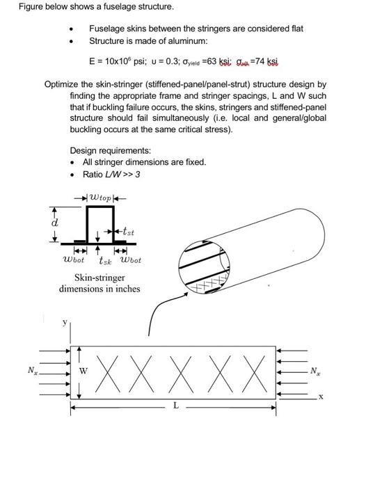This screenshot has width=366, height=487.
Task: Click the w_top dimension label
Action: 100,198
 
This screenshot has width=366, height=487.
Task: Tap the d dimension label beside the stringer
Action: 54,223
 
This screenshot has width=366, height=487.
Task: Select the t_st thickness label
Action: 128,232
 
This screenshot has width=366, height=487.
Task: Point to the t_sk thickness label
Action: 105,261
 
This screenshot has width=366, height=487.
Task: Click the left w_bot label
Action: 73,260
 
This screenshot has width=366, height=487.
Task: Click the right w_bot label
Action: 130,260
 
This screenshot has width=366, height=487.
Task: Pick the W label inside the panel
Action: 83,371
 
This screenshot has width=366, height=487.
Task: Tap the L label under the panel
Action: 176,405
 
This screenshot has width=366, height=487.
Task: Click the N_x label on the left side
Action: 33,371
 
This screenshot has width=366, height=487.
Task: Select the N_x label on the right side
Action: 315,371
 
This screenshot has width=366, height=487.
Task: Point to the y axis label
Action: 65,322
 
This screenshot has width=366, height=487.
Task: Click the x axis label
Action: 321,397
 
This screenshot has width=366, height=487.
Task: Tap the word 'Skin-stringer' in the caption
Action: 100,278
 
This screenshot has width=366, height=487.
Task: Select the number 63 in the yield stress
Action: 212,61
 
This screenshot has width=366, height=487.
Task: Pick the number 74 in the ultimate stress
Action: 260,61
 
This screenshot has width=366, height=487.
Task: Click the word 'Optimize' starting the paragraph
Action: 60,84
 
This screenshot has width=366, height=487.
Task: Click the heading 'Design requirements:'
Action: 111,151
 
